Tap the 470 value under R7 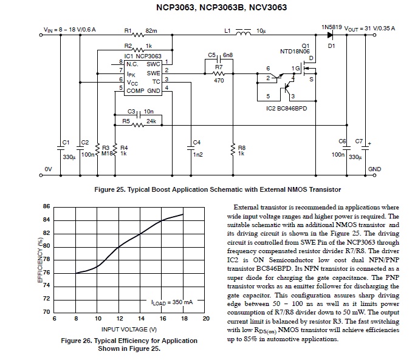coord(219,81)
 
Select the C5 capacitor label coord(211,55)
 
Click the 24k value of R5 coord(151,121)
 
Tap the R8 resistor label coord(241,148)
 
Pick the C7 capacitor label coord(358,141)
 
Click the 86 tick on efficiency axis coord(46,207)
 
